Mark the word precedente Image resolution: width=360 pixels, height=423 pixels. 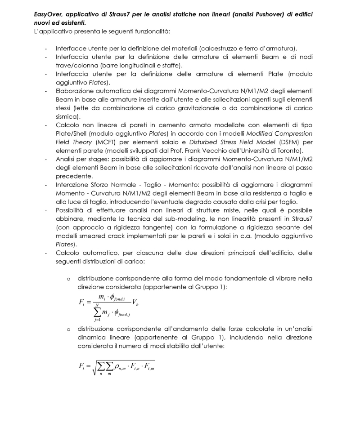pyautogui.click(x=75, y=176)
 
